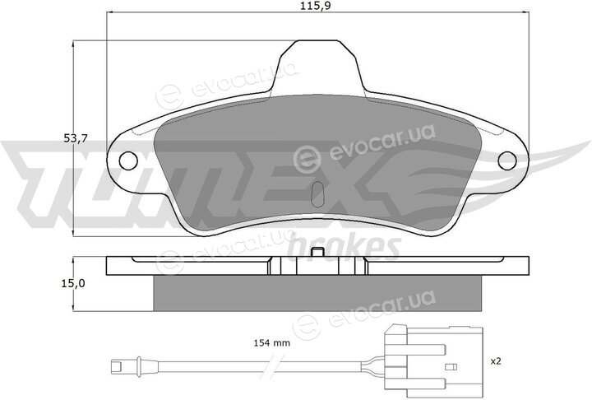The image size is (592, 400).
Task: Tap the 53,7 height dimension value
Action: pos(76,138)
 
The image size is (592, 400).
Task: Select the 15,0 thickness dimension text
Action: pos(74,283)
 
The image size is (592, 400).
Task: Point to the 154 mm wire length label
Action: pos(271,343)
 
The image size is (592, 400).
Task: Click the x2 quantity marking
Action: pos(495,361)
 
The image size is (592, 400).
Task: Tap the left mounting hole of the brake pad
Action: pos(128,160)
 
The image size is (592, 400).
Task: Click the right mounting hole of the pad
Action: pos(507,160)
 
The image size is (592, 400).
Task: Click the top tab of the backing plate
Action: pos(317,64)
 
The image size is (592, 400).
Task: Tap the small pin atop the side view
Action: pos(317,253)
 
